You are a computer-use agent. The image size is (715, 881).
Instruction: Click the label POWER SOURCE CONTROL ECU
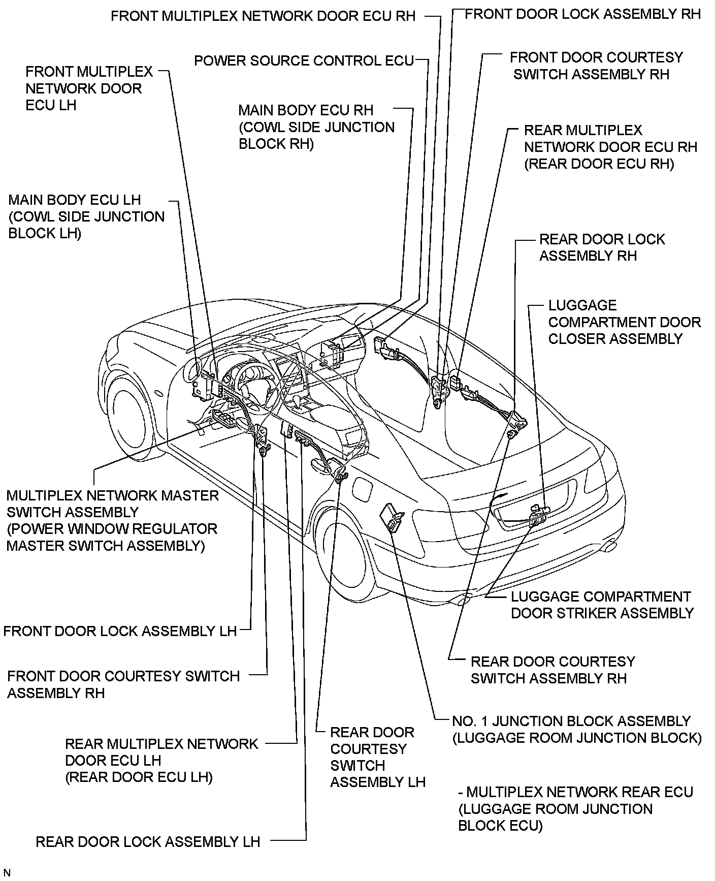304,61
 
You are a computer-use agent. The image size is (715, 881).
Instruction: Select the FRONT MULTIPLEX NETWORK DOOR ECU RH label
263,16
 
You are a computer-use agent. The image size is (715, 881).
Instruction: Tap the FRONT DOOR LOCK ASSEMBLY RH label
582,14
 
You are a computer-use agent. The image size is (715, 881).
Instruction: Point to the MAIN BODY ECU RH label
316,127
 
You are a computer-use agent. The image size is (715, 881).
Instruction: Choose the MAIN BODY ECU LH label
86,216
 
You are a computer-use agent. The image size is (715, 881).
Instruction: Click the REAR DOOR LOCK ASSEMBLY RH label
602,247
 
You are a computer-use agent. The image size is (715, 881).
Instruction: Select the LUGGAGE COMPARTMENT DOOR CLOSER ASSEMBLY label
624,322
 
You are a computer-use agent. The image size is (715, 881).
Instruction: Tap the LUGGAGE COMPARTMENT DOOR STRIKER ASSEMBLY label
602,605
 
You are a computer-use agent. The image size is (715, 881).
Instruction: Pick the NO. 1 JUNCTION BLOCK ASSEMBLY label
576,729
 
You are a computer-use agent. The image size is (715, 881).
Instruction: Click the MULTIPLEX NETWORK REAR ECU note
575,809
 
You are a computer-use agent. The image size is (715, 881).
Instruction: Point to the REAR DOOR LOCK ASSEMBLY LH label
148,842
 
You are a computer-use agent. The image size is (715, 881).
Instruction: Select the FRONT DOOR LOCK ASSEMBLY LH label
120,631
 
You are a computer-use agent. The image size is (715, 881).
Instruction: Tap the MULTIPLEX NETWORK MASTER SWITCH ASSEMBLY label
112,520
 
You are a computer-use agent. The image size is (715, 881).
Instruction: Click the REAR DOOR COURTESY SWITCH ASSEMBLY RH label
552,670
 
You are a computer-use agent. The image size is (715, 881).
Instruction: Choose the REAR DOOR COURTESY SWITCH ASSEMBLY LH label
377,757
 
